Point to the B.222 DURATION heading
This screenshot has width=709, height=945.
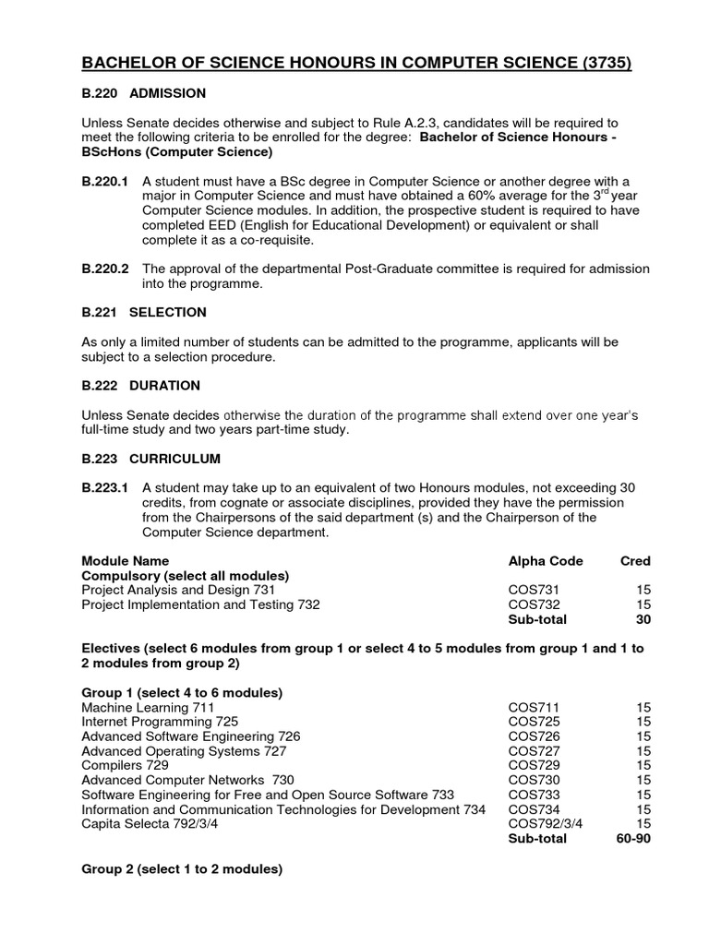tap(141, 385)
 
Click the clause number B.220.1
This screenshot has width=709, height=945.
tap(104, 181)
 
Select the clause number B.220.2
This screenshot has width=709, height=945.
tap(104, 269)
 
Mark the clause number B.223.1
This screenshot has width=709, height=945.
tap(104, 487)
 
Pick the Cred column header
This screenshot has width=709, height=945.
tap(635, 560)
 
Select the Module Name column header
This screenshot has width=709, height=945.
tap(126, 560)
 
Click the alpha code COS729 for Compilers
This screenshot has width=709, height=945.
tap(535, 766)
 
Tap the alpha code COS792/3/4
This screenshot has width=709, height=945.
tap(547, 824)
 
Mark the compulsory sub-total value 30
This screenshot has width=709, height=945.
tap(643, 619)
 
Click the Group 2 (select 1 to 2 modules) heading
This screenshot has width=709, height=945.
tap(182, 868)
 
